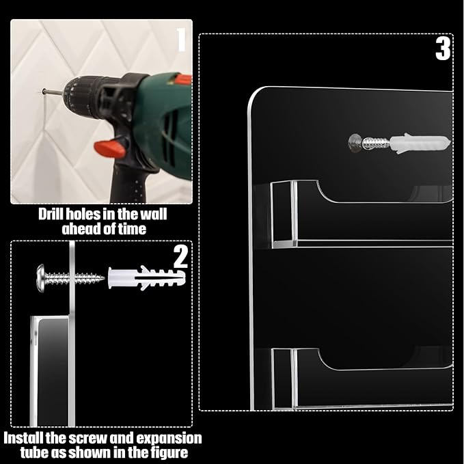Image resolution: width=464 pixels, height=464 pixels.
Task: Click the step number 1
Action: coord(182,40)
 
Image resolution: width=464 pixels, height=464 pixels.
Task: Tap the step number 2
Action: coord(180,257)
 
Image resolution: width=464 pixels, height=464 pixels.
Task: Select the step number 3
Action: coord(443,49)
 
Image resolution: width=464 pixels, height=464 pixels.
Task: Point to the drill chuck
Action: coord(83,95)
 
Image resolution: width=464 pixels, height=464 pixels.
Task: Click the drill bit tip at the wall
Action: coord(43,92)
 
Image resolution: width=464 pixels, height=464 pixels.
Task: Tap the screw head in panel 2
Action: coord(40,278)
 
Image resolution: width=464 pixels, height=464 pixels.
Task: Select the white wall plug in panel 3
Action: coord(420,144)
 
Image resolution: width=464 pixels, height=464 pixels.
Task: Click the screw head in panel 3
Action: coord(355,144)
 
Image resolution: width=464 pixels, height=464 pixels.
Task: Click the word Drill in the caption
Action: coord(50,214)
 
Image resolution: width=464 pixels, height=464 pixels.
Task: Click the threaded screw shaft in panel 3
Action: coord(375,144)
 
